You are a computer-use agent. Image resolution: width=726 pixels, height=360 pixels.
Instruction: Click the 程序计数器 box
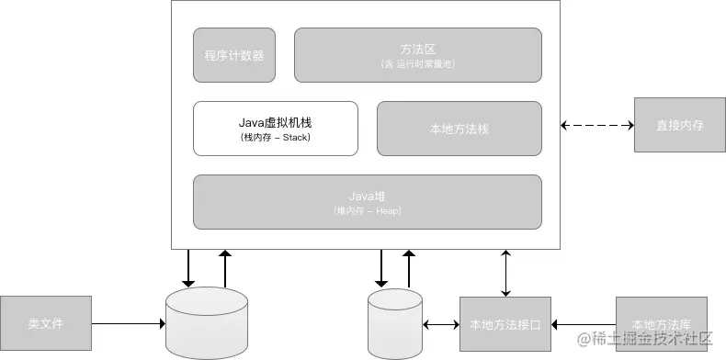(x=234, y=55)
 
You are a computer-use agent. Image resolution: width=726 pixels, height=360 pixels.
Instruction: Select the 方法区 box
(x=417, y=55)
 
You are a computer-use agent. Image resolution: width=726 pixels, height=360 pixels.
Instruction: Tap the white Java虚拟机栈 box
(x=276, y=129)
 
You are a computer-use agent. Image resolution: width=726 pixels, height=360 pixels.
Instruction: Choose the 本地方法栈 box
(x=459, y=129)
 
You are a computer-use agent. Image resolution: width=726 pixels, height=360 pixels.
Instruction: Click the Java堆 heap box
(x=367, y=201)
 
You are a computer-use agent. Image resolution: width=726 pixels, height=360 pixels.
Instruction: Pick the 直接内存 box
(x=680, y=124)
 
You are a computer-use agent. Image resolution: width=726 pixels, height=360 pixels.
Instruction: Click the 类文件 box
(x=46, y=323)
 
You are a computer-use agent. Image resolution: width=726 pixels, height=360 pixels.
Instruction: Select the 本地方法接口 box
(x=505, y=323)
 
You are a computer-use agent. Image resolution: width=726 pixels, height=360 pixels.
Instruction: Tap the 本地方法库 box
(x=662, y=323)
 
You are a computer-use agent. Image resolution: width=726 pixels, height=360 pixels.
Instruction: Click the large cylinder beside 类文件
(x=207, y=323)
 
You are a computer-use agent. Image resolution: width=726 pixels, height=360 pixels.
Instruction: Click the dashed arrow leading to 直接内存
(x=597, y=124)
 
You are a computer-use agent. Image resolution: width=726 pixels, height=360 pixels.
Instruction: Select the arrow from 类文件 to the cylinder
(x=129, y=323)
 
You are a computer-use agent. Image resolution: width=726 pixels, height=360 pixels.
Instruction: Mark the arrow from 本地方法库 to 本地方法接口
(x=583, y=323)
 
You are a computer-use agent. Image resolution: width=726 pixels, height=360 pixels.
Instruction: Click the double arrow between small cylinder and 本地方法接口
(x=441, y=323)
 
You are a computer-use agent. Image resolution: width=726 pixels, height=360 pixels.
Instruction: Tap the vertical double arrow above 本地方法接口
(x=505, y=272)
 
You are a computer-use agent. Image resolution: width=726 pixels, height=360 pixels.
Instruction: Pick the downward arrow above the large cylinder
(x=188, y=268)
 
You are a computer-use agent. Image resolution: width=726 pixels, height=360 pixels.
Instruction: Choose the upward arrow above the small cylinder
(x=409, y=268)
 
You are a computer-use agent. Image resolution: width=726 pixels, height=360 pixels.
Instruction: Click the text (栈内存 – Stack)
(x=276, y=138)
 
